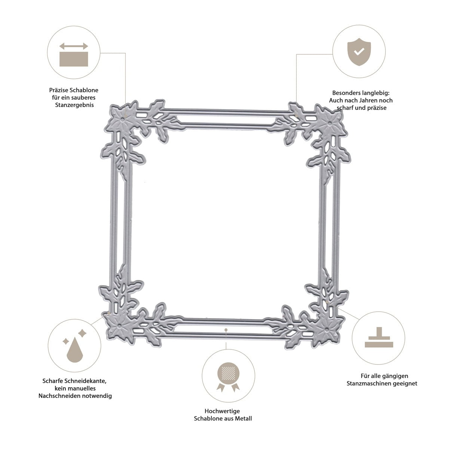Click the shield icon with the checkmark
point(359,52)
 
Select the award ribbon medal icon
point(228,377)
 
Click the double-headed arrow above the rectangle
point(74,46)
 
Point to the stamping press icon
point(379,337)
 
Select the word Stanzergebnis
point(74,105)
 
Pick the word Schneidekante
point(85,381)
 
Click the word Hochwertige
point(222,411)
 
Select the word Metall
point(243,419)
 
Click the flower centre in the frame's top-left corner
point(123,119)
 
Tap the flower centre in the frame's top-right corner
point(330,124)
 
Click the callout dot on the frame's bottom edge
point(226,330)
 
